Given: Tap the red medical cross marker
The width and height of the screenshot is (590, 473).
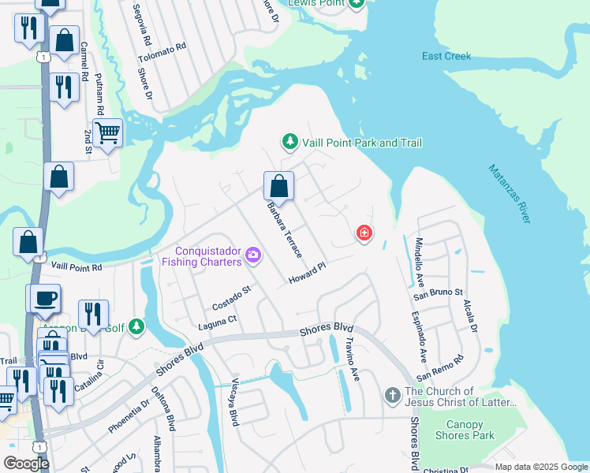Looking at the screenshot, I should pyautogui.click(x=364, y=233).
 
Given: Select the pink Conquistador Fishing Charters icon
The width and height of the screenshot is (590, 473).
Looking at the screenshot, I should pyautogui.click(x=253, y=255).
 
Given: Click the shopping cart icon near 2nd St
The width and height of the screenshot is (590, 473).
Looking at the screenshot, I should pyautogui.click(x=107, y=133).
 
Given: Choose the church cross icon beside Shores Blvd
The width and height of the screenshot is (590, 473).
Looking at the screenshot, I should pyautogui.click(x=393, y=394).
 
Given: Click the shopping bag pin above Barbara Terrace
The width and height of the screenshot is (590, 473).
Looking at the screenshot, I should pyautogui.click(x=278, y=187).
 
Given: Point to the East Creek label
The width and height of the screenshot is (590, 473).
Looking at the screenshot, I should pyautogui.click(x=446, y=56).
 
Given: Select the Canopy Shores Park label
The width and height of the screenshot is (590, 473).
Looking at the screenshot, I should pyautogui.click(x=465, y=430).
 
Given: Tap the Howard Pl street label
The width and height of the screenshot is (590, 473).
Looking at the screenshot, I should pyautogui.click(x=306, y=274).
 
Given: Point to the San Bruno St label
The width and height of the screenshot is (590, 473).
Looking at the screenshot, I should pyautogui.click(x=439, y=293).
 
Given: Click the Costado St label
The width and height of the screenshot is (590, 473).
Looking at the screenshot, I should pyautogui.click(x=230, y=299).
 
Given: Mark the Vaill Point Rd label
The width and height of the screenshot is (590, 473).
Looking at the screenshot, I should pyautogui.click(x=77, y=268).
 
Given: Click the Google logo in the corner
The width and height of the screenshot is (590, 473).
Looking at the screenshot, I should pyautogui.click(x=26, y=464).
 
